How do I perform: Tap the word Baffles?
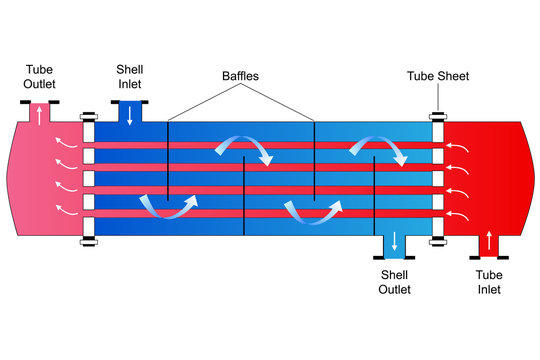tap(240, 76)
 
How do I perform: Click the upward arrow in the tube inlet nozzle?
tap(489, 241)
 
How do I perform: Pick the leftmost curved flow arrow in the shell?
tap(168, 203)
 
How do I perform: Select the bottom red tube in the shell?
tap(260, 213)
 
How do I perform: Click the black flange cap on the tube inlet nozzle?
tap(489, 258)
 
